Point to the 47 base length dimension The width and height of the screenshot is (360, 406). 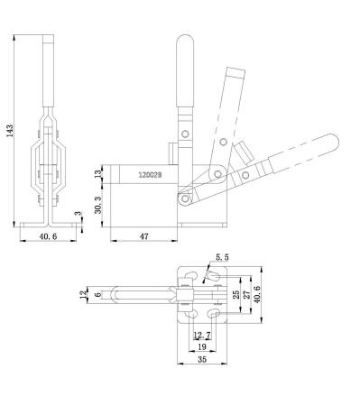(x=144, y=238)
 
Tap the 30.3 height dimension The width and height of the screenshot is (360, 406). (x=98, y=206)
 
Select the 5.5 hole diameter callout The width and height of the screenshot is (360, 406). (x=222, y=258)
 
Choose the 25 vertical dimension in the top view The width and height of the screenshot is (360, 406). (x=237, y=294)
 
